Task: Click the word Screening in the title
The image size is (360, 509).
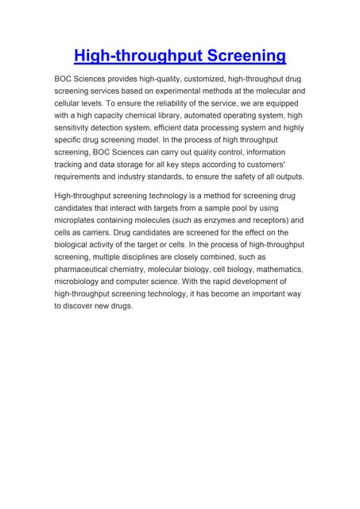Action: (x=242, y=56)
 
